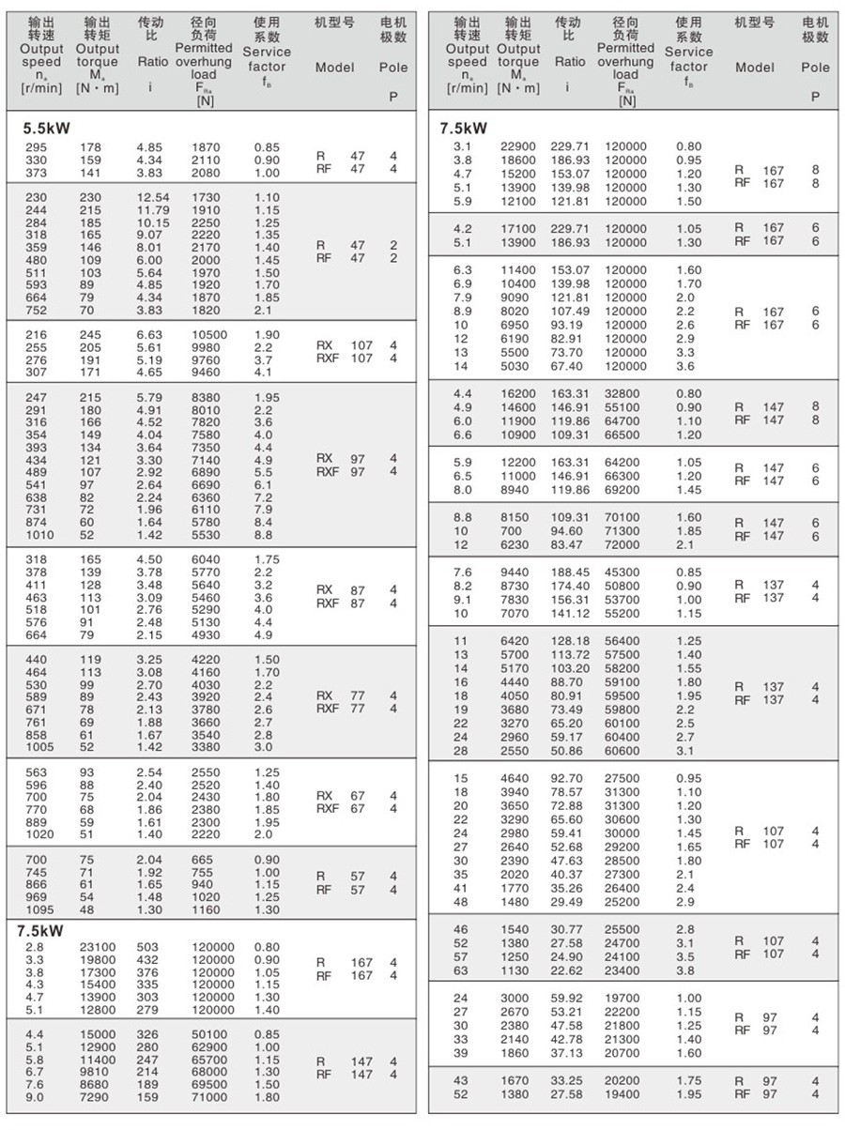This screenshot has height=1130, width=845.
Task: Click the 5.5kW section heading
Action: click(47, 129)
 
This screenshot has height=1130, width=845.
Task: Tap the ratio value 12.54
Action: click(153, 196)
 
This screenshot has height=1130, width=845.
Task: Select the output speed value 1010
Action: click(40, 535)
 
